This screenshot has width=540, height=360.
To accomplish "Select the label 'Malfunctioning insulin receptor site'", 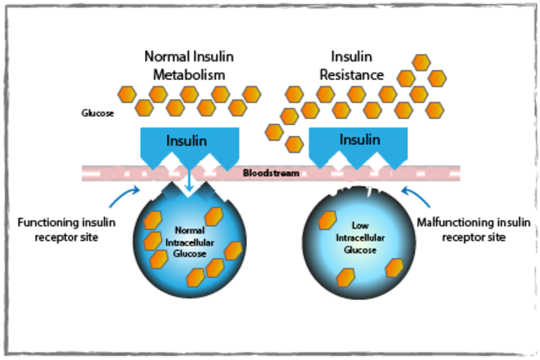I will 474,231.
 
